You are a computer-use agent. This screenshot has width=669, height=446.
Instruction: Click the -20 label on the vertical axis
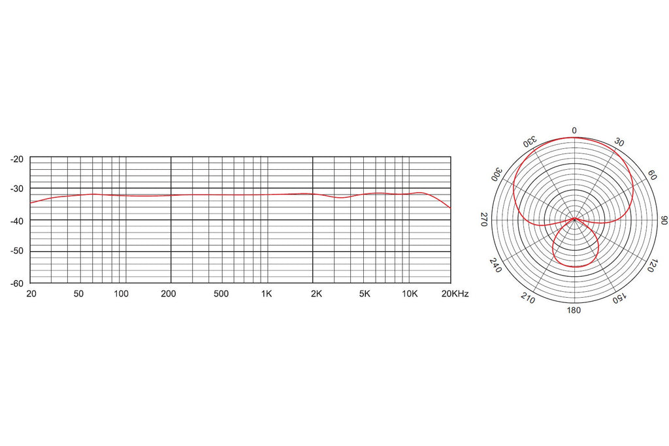[17, 159]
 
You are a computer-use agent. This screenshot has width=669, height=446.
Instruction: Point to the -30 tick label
[17, 189]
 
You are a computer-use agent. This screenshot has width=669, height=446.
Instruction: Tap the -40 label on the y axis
[17, 221]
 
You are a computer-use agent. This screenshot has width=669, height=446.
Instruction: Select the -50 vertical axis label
[17, 251]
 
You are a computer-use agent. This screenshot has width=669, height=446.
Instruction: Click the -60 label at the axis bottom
[17, 283]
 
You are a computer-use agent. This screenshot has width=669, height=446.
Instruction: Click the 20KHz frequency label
[455, 294]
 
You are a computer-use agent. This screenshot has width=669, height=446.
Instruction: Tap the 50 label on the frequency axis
[78, 294]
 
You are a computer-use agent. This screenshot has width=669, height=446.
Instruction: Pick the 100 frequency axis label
[121, 294]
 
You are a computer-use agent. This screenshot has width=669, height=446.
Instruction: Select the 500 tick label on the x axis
[221, 294]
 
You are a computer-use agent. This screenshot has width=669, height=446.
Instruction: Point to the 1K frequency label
[267, 294]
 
